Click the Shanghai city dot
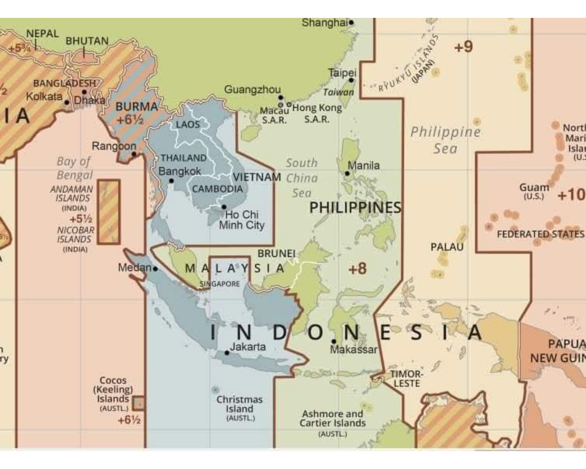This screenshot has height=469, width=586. point(351,22)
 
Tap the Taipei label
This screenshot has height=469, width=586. point(342,73)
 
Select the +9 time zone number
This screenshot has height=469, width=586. point(463,47)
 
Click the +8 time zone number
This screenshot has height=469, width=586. point(357,268)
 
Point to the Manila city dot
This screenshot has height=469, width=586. point(347,174)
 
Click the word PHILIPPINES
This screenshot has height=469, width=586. point(355,207)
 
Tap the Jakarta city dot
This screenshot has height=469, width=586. point(227,353)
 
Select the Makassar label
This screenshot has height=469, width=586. point(354,350)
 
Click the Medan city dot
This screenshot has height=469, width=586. point(155,269)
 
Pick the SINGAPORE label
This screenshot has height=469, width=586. point(219,284)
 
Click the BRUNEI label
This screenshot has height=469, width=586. point(276,254)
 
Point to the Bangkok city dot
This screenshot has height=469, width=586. point(171,181)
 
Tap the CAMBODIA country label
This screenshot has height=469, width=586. point(217,189)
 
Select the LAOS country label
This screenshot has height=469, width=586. point(188,125)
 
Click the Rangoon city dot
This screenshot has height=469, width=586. point(134,154)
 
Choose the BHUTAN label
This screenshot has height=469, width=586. point(87,41)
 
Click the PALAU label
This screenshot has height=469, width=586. point(447,247)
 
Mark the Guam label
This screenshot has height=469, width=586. point(534,188)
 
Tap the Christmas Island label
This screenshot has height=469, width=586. point(240,404)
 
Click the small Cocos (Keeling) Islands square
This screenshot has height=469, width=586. point(139,403)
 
